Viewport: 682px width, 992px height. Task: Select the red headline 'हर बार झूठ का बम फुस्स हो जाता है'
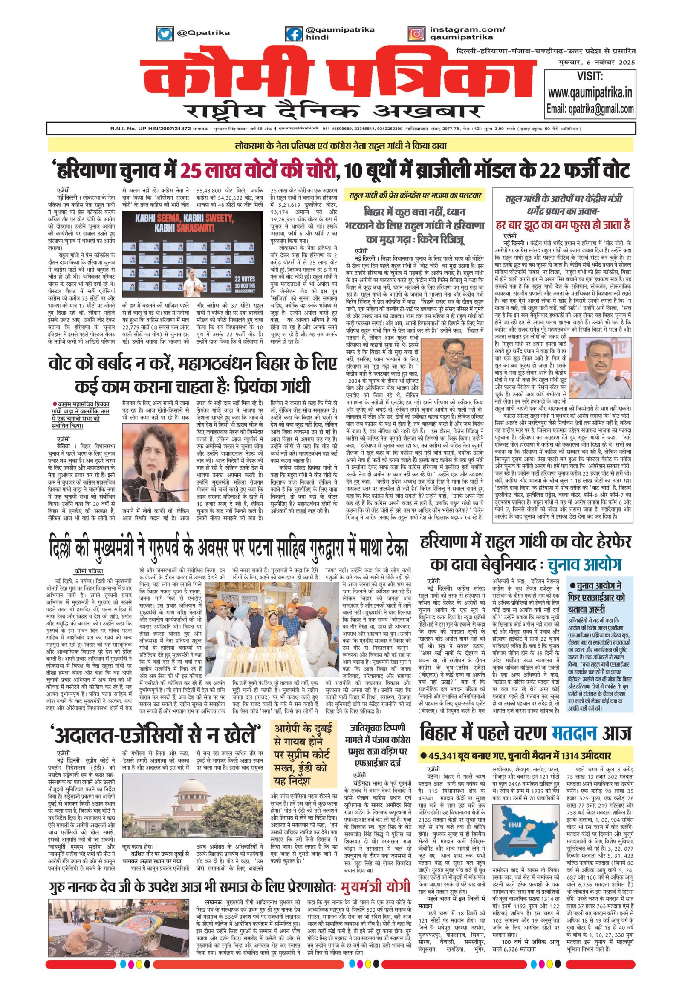(563, 224)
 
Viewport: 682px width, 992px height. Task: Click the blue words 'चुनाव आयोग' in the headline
(583, 564)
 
